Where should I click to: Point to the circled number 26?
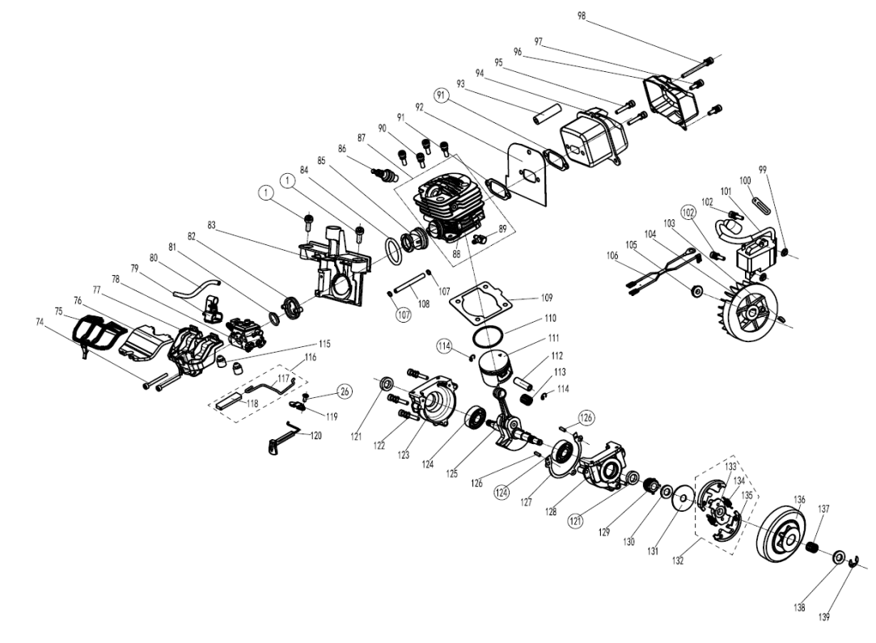click(x=345, y=391)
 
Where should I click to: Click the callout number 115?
click(x=324, y=344)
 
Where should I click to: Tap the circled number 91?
click(x=442, y=95)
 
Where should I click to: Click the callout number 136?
click(x=799, y=499)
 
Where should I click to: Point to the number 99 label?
click(x=762, y=170)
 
